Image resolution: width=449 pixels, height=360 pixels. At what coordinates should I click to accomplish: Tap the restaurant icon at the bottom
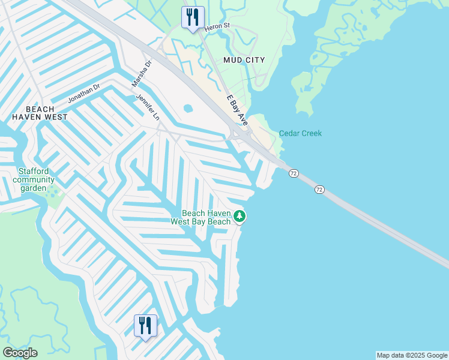(145, 326)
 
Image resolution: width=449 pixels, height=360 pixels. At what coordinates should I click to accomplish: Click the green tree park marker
(240, 216)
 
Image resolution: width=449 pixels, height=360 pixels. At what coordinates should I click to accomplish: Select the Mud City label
(244, 61)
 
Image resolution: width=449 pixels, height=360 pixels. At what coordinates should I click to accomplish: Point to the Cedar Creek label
(300, 133)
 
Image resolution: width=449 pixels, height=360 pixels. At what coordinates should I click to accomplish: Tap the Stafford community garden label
(34, 179)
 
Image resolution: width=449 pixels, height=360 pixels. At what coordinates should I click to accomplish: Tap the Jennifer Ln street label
(148, 107)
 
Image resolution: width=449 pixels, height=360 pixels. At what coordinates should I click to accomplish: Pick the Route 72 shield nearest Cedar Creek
(293, 173)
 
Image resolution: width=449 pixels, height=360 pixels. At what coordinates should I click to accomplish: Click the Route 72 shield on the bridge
(319, 190)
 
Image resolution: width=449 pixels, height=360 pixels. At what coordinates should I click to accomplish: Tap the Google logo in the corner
(20, 353)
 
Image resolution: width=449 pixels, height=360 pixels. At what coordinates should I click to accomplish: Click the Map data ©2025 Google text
(412, 355)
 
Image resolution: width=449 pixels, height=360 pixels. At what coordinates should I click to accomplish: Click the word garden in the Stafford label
(34, 188)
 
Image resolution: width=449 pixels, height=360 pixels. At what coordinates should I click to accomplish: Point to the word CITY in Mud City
(255, 61)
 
